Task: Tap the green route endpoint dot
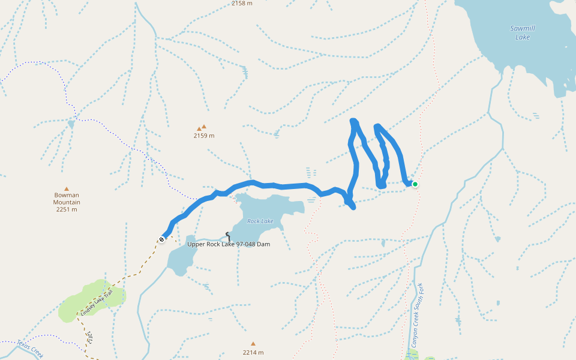[x=415, y=184]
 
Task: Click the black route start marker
[x=161, y=240]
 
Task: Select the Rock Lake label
[x=260, y=221]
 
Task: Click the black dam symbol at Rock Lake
[x=227, y=236]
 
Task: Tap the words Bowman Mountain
[x=67, y=199]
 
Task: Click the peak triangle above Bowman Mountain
[x=67, y=188]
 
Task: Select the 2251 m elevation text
[x=67, y=209]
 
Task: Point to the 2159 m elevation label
[x=203, y=136]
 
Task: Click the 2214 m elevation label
[x=253, y=352]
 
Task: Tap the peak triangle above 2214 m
[x=253, y=344]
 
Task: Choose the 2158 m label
[x=242, y=4]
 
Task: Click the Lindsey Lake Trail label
[x=97, y=303]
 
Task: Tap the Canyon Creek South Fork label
[x=417, y=315]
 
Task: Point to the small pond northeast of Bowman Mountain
[x=71, y=124]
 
